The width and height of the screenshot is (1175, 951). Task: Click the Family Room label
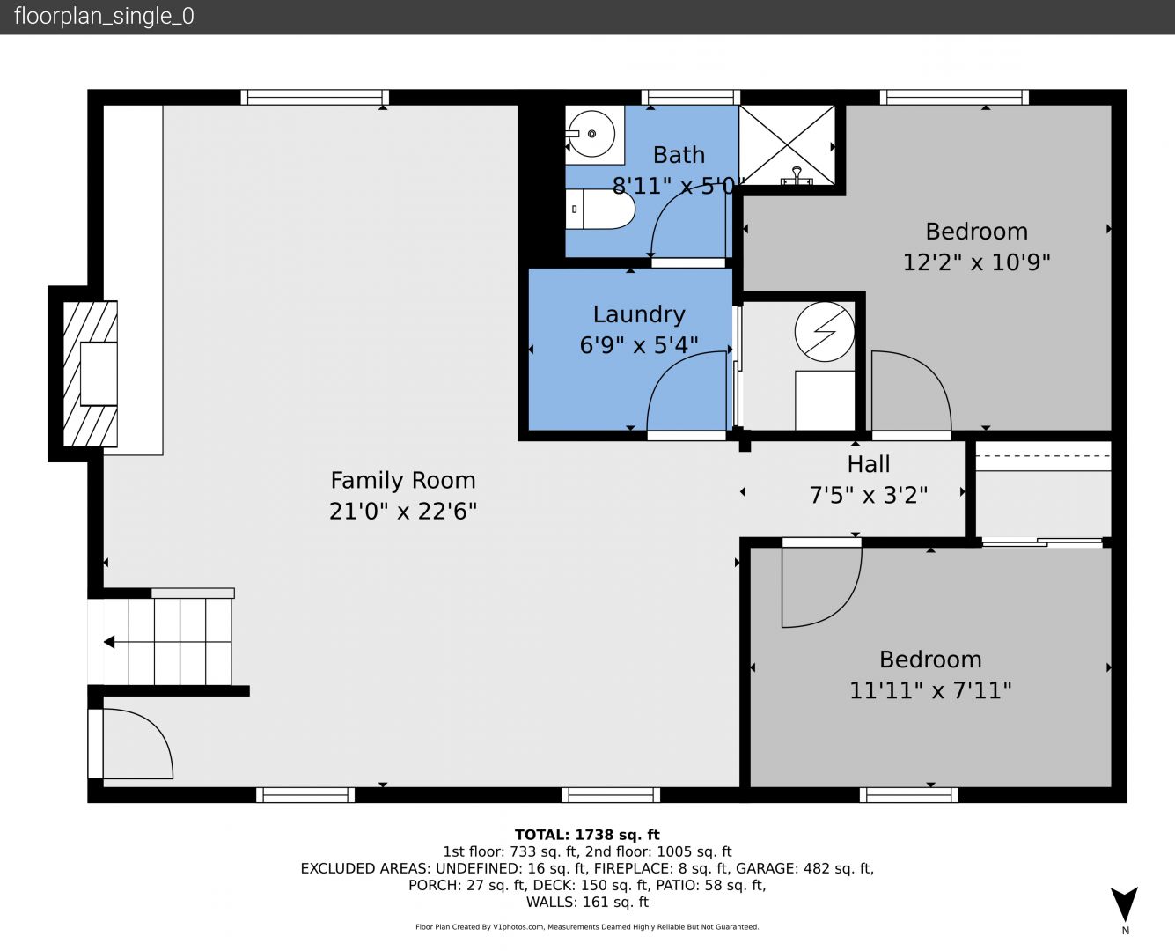403,480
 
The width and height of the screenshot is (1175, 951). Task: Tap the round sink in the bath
591,134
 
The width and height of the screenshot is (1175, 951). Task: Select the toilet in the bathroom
600,209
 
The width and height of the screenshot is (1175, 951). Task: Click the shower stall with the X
787,145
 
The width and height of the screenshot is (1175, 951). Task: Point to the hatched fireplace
90,373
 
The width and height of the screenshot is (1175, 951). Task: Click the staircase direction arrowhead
109,642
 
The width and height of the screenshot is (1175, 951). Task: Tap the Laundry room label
639,314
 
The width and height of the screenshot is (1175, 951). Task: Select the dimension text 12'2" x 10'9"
976,262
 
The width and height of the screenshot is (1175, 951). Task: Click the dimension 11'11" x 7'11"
930,690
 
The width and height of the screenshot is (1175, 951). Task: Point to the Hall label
869,464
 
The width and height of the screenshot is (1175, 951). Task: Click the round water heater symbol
824,332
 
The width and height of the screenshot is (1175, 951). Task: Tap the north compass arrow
1124,903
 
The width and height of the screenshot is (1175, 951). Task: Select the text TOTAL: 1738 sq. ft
587,835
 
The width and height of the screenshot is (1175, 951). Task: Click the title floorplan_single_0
104,17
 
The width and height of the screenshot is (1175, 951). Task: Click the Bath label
679,155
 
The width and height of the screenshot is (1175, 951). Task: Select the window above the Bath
690,97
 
